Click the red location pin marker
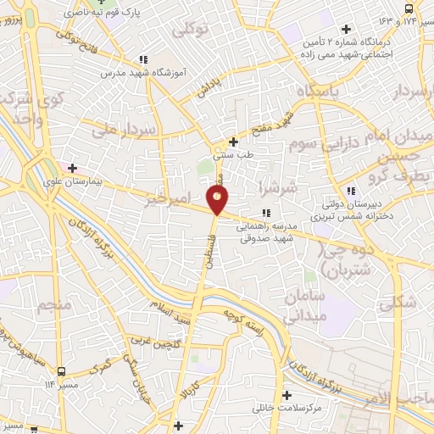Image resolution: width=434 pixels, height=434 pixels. point(218,200)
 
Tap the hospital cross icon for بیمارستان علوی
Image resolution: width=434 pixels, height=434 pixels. point(72,168)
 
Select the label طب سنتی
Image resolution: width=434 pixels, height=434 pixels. point(231,156)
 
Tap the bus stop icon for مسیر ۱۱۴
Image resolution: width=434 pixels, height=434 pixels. point(60,370)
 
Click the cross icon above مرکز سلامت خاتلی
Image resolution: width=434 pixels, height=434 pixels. point(287,395)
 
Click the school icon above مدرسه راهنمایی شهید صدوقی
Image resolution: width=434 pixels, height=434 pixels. point(266,212)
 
